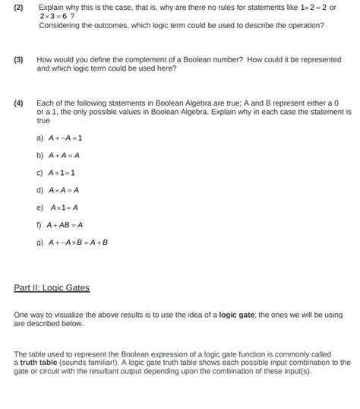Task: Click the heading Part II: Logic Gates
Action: click(52, 288)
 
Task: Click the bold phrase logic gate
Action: click(235, 315)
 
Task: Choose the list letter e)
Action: click(39, 207)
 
